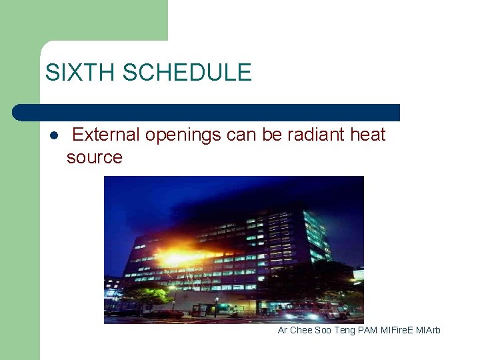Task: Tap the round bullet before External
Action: pyautogui.click(x=53, y=135)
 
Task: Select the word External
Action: pyautogui.click(x=106, y=135)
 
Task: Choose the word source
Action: pyautogui.click(x=95, y=157)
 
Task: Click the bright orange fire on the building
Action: pyautogui.click(x=178, y=257)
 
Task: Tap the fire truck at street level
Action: pyautogui.click(x=320, y=310)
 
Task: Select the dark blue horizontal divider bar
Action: pyautogui.click(x=207, y=112)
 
